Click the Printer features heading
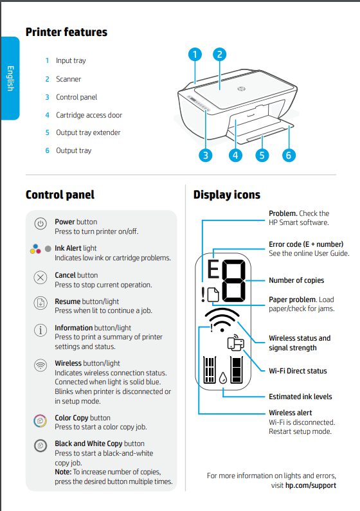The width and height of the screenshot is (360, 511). [66, 32]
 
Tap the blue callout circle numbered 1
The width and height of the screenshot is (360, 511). [195, 55]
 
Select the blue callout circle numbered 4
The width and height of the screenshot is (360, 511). [235, 155]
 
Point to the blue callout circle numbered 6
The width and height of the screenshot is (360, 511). [288, 155]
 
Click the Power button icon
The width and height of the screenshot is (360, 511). [40, 224]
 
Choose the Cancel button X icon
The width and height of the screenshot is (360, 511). [40, 278]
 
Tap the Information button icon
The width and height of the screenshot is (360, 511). [40, 330]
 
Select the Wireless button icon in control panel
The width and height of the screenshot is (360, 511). [40, 365]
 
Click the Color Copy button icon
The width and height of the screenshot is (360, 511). [40, 420]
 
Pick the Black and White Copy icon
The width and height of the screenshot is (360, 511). [40, 446]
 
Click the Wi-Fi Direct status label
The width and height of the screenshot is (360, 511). [297, 371]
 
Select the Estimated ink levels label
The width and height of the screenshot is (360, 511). [300, 397]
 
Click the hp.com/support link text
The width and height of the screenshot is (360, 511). [310, 485]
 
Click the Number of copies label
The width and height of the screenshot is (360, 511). [296, 280]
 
